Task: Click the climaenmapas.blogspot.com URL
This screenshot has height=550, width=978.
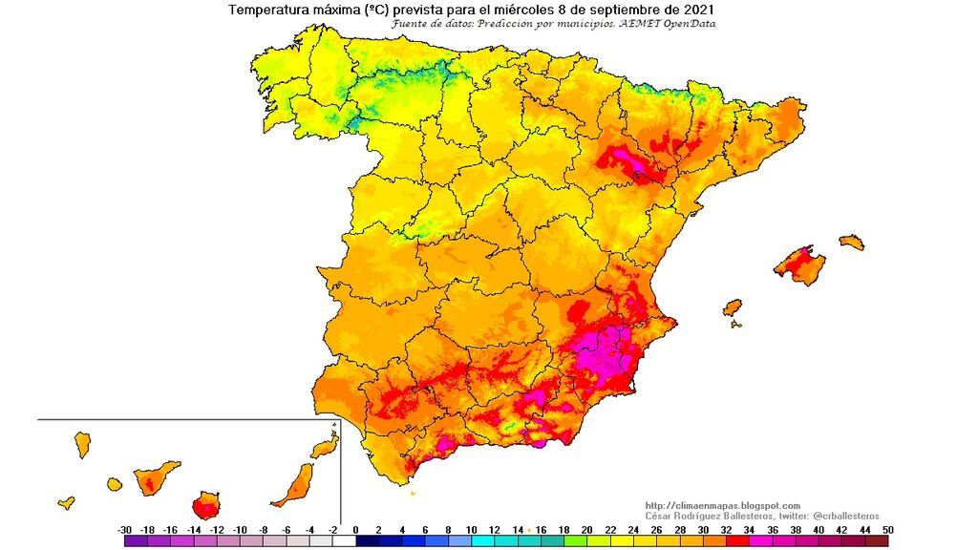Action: pos(722,505)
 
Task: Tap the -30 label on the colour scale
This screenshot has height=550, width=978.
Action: pos(124,529)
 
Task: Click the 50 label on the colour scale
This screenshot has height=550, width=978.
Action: pos(889,529)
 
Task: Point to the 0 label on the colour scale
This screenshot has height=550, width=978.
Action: pos(355,529)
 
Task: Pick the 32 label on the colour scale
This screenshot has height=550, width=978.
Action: pos(726,529)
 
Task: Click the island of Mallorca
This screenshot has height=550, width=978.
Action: pos(799,264)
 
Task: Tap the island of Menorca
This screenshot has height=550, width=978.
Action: pos(852,242)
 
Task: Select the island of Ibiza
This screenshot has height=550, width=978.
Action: pos(732,308)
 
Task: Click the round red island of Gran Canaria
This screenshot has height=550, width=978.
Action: pos(204,505)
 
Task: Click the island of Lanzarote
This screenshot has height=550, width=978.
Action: pos(325,446)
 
